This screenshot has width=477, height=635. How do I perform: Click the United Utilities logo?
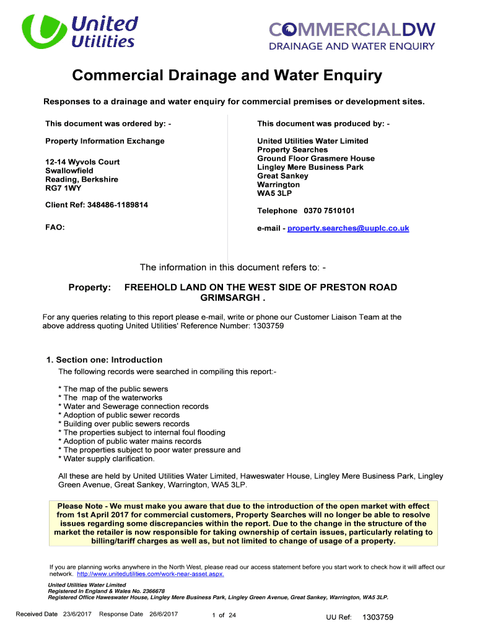[79, 32]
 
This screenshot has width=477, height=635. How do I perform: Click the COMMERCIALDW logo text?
[352, 29]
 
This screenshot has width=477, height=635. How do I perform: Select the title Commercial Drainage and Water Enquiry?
[227, 76]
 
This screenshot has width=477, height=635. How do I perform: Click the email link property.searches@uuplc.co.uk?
[348, 228]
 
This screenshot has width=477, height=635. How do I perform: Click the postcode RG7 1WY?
[64, 188]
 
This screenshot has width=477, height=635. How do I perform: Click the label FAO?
[55, 228]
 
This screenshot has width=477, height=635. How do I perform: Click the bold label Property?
[89, 288]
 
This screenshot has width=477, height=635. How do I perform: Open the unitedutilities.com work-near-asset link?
[151, 574]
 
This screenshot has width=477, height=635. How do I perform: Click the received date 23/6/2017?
[77, 614]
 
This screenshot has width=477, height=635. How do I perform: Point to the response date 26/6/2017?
[164, 614]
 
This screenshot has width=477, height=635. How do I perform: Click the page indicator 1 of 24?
[224, 615]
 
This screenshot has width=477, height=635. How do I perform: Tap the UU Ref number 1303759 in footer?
[378, 617]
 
